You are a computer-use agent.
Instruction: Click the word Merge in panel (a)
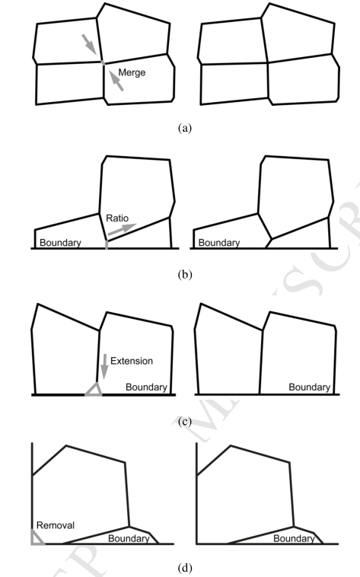point(132,73)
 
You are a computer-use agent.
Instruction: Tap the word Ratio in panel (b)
point(117,218)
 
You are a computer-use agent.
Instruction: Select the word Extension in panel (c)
point(132,361)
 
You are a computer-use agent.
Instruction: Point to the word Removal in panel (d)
point(56,525)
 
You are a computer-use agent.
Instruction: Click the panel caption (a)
point(184,128)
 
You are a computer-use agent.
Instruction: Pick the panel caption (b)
point(184,275)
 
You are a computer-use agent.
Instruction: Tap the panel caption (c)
point(184,422)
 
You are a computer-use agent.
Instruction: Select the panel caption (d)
point(184,568)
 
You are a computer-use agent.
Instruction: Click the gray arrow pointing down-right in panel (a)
point(89,44)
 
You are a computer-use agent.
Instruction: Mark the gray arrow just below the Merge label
point(116,79)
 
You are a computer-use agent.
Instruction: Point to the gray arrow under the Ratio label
point(122,229)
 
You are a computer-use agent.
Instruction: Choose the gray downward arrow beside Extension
point(104,366)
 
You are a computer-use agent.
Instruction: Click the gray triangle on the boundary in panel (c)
point(94,390)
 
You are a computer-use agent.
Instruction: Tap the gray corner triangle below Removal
point(38,537)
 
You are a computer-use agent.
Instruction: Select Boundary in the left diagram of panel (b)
point(60,243)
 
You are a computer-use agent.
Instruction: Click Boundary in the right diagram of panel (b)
point(219,243)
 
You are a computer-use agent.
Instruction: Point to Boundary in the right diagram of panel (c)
point(309,387)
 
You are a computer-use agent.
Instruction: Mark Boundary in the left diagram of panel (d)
point(129,539)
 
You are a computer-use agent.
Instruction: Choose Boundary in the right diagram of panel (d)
point(294,539)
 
